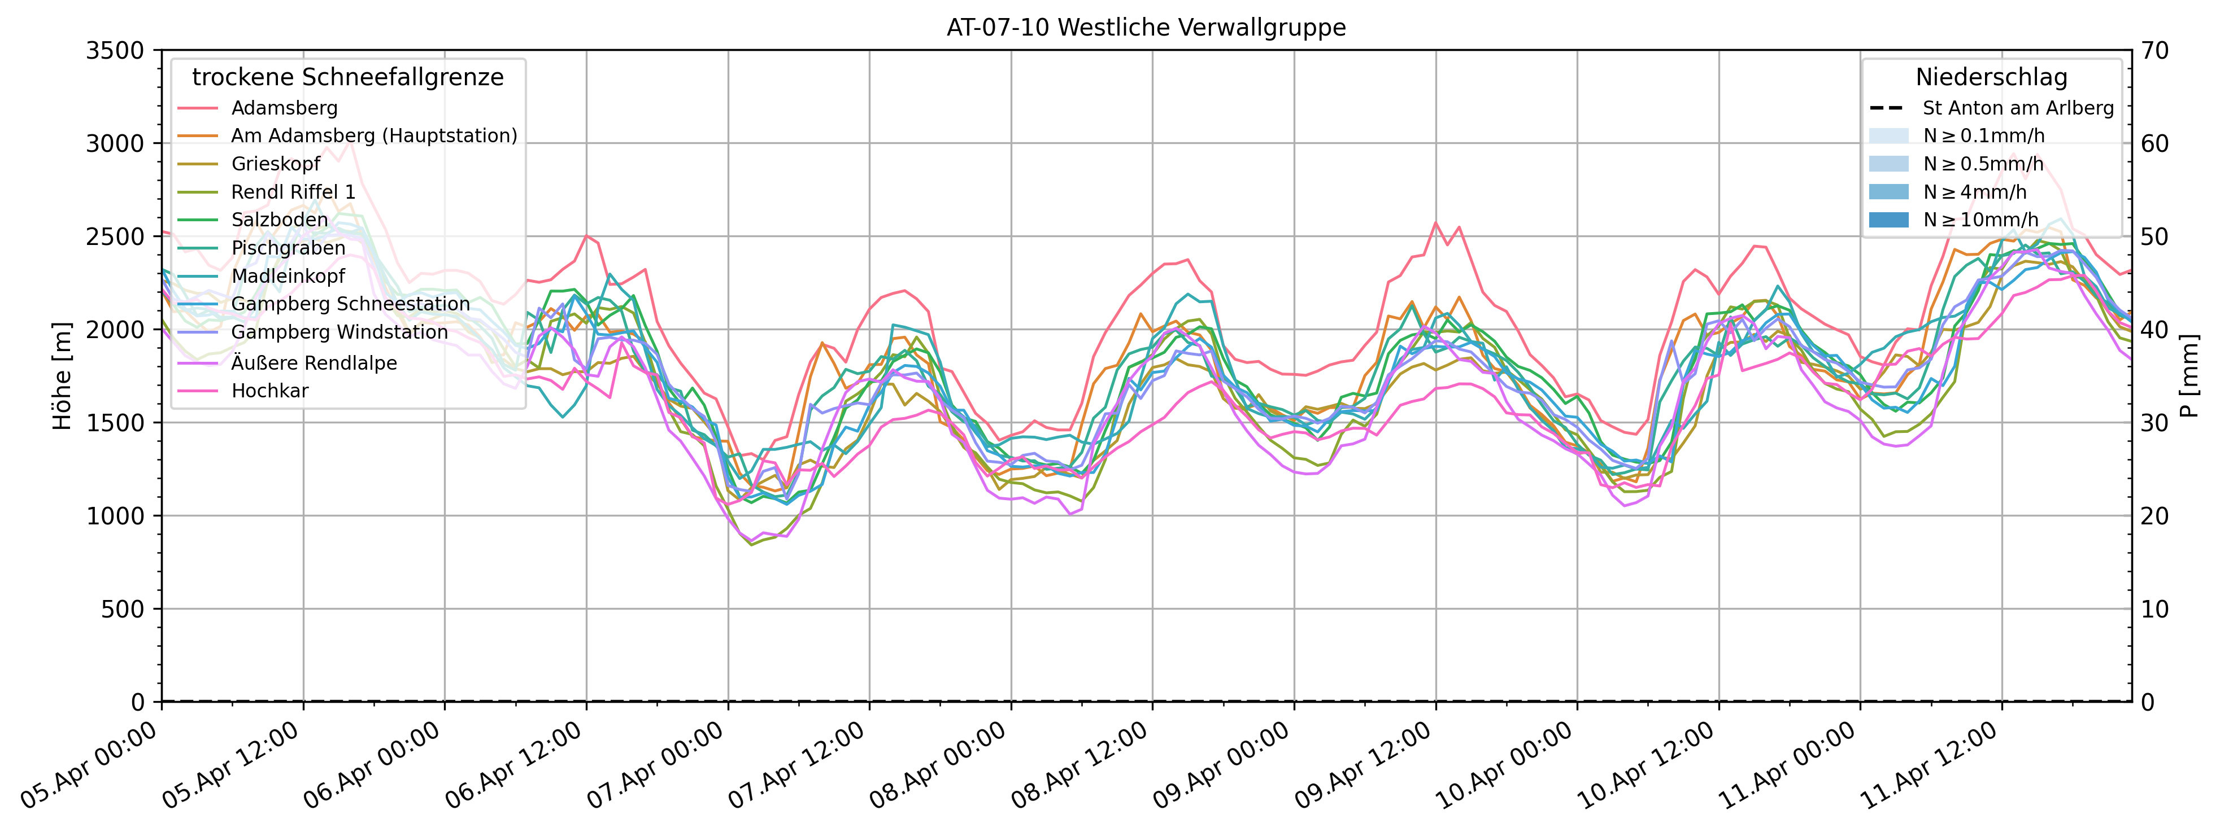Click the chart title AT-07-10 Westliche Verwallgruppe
[x=1146, y=28]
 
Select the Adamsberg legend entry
[x=284, y=108]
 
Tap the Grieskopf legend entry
[x=275, y=164]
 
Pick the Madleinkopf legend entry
[x=288, y=275]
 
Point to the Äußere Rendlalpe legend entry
[x=314, y=362]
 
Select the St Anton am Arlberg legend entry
[x=2017, y=108]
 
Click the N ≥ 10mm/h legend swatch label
[x=1980, y=220]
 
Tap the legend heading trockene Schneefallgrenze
[x=347, y=77]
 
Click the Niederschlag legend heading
[x=1991, y=77]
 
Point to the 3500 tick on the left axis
[x=115, y=51]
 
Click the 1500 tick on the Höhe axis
[x=115, y=423]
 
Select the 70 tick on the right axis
[x=2154, y=51]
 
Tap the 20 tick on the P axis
[x=2154, y=516]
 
